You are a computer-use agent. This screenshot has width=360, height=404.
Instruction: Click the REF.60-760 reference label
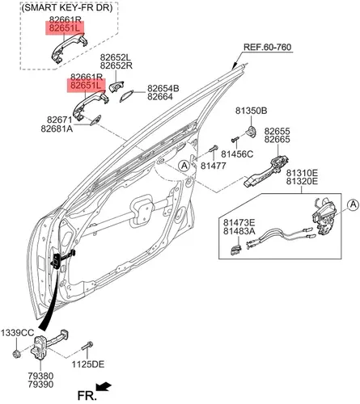[x=267, y=47]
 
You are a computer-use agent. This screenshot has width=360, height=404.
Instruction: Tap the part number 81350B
[x=252, y=111]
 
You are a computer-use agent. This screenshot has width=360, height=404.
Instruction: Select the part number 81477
[x=214, y=166]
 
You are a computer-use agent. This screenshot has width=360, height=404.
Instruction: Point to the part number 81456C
[x=237, y=154]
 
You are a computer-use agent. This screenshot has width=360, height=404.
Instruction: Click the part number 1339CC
[x=17, y=333]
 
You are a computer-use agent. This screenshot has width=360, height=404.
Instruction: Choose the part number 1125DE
[x=88, y=364]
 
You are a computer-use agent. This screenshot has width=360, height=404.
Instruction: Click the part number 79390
[x=40, y=385]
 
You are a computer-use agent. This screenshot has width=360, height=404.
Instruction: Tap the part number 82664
[x=160, y=97]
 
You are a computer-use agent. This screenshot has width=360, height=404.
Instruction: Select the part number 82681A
[x=57, y=128]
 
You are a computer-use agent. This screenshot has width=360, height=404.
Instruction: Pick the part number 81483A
[x=239, y=231]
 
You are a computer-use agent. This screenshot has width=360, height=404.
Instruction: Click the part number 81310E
[x=302, y=172]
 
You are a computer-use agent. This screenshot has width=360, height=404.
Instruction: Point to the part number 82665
[x=277, y=140]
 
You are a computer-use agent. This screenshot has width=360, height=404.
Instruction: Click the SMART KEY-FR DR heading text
[x=66, y=8]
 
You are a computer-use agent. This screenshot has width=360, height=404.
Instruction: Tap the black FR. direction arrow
[x=104, y=387]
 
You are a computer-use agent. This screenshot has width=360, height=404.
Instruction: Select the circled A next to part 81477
[x=184, y=166]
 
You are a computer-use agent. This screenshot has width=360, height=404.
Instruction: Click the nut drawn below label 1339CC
[x=17, y=354]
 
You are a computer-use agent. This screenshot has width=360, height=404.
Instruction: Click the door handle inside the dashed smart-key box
[x=69, y=48]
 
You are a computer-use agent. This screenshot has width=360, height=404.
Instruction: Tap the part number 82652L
[x=115, y=57]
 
